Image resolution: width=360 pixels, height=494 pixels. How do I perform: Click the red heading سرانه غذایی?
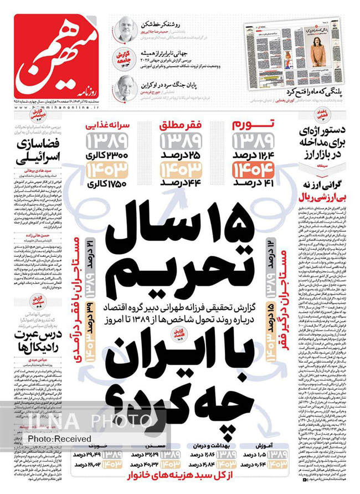point(106,123)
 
